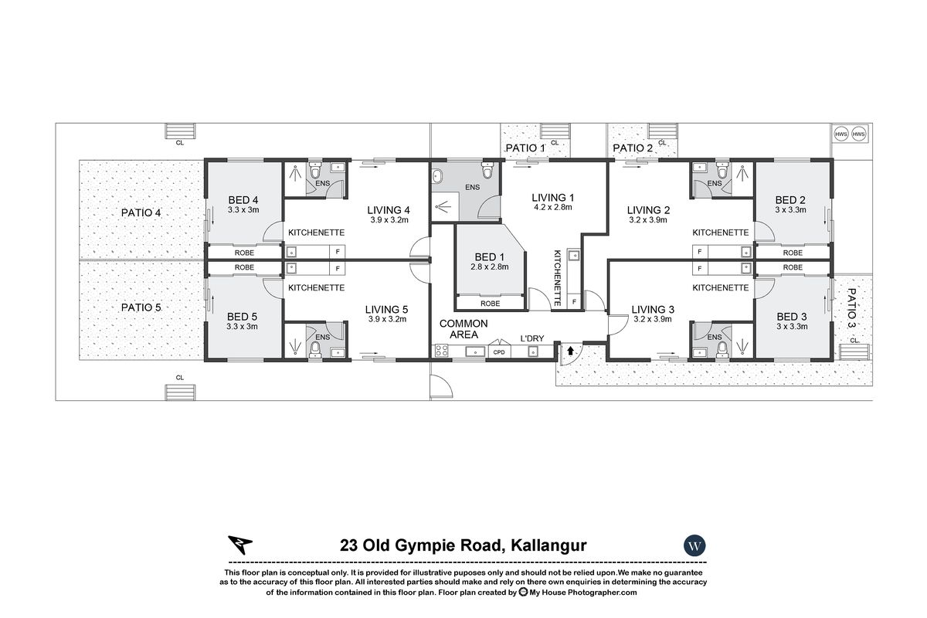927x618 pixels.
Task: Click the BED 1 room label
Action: (491, 256)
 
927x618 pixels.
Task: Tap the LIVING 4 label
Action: (389, 210)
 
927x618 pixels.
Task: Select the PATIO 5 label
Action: (141, 307)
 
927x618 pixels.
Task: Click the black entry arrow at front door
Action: (570, 351)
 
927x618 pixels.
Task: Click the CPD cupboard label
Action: (499, 352)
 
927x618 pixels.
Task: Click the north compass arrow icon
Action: (239, 545)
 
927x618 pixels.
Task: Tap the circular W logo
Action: (695, 545)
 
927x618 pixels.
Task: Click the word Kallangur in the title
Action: (549, 545)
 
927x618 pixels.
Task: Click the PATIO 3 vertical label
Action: (852, 309)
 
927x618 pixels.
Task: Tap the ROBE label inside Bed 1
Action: (491, 304)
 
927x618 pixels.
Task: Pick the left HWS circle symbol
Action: (841, 134)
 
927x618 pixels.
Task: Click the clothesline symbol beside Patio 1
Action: (555, 132)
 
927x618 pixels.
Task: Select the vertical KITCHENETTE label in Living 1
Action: (557, 280)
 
